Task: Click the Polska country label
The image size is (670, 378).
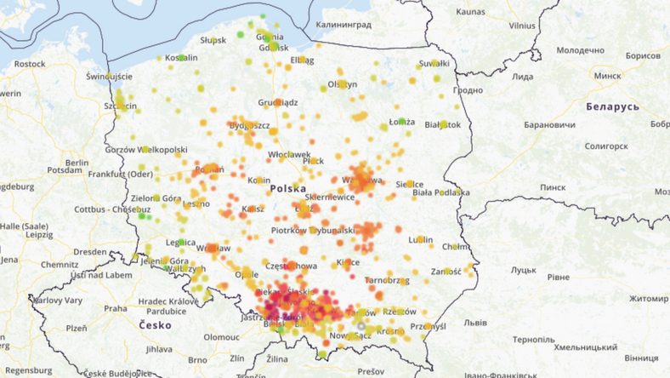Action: click(288, 188)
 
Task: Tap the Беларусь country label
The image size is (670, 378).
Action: click(612, 107)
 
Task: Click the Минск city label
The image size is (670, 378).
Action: click(608, 76)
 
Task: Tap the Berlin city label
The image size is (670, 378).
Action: click(77, 163)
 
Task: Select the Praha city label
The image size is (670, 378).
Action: click(115, 308)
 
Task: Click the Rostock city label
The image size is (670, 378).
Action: click(30, 64)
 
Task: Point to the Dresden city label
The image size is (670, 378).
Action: click(89, 252)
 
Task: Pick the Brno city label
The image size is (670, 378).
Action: click(197, 360)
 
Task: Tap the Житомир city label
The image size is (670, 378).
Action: click(650, 299)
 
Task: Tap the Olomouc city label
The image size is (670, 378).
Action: click(224, 337)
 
